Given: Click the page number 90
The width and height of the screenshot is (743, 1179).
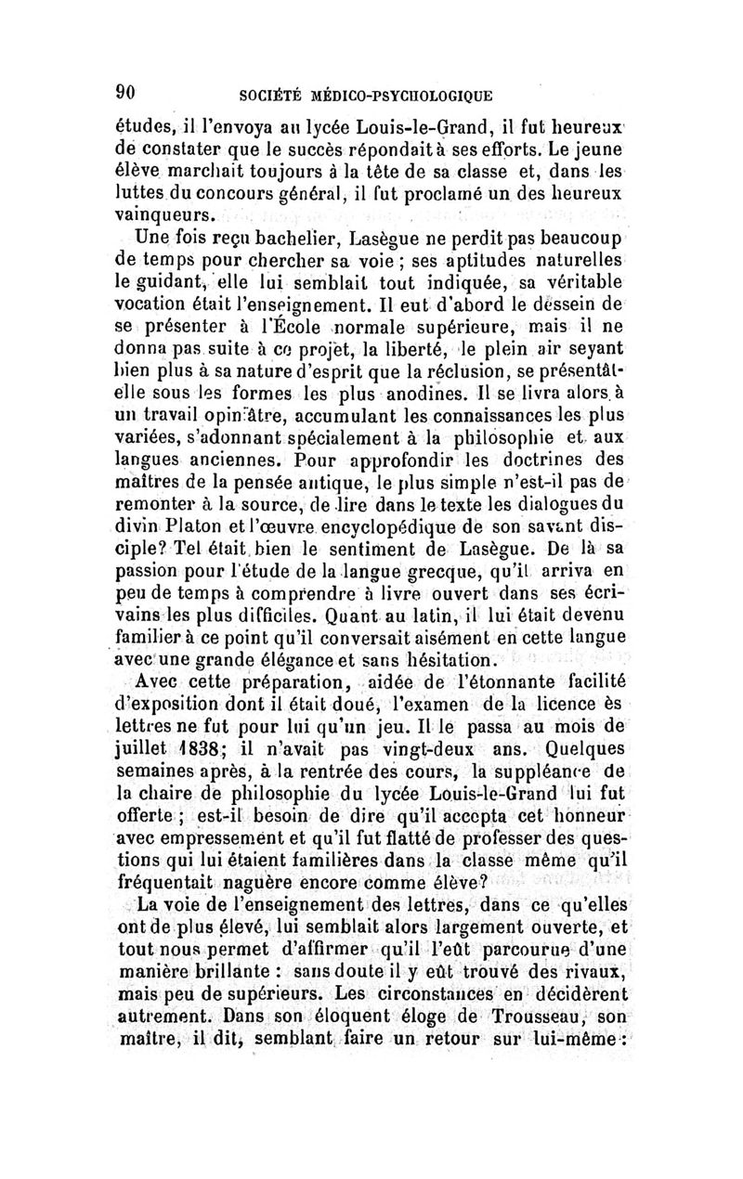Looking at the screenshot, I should [x=127, y=91].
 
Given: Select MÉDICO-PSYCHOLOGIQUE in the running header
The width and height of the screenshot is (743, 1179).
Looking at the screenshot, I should [x=404, y=94].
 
